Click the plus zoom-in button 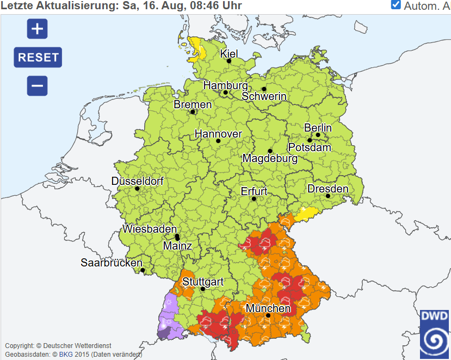(x=37, y=29)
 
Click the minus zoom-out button (x=37, y=86)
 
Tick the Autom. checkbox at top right (x=396, y=5)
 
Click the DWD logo (x=435, y=334)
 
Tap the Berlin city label (x=318, y=128)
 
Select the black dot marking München (x=268, y=315)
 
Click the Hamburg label (x=225, y=85)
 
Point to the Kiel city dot (x=229, y=61)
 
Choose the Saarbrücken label (x=112, y=262)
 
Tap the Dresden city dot (x=328, y=196)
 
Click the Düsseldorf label (x=137, y=181)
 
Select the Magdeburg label (x=270, y=159)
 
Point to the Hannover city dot (x=218, y=141)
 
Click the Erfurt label (x=254, y=191)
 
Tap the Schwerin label (x=264, y=96)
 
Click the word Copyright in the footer (x=22, y=345)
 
